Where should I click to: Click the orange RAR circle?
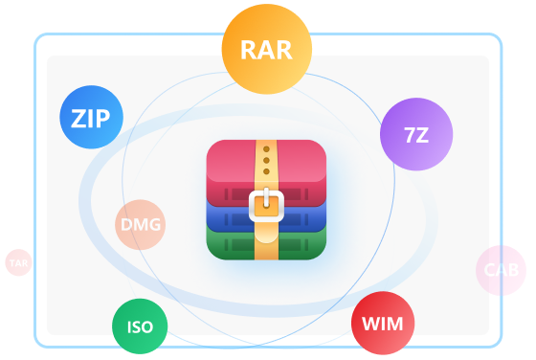267,49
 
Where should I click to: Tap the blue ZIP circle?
91,117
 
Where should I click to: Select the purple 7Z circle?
416,134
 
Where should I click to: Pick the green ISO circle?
140,326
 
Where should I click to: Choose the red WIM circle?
383,323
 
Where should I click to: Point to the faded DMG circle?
140,225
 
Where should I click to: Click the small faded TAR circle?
18,262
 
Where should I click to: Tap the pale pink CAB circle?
501,270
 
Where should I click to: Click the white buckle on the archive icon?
266,206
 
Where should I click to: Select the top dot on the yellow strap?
266,149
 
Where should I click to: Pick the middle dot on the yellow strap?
266,160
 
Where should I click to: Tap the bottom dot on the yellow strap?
266,171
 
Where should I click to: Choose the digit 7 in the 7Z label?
410,135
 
